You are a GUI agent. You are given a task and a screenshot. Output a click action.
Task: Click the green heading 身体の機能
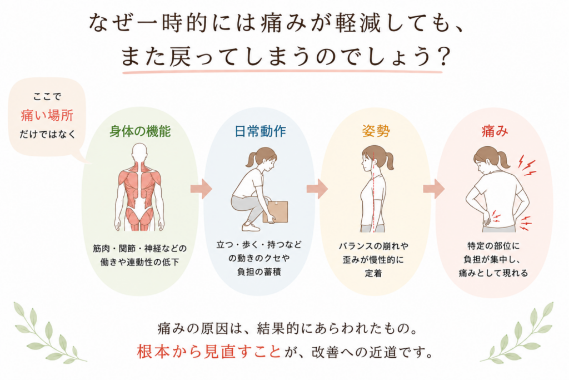(140, 131)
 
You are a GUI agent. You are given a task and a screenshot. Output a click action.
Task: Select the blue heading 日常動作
(260, 131)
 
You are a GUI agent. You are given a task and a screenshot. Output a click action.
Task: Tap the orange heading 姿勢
(376, 131)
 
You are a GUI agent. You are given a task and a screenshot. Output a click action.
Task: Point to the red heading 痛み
(495, 131)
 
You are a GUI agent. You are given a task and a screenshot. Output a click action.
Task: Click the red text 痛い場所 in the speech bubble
(47, 115)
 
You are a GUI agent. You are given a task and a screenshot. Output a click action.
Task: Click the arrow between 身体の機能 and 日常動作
(201, 189)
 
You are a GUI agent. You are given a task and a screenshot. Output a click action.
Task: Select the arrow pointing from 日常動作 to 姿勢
(317, 189)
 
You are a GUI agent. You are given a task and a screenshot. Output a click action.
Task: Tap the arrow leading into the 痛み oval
(433, 189)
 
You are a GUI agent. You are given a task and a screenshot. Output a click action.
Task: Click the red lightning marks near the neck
(527, 166)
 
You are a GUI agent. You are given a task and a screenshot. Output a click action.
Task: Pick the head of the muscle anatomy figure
(139, 152)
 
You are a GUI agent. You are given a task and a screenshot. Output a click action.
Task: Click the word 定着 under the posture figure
(373, 273)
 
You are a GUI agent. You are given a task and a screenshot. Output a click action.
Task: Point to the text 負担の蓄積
(259, 272)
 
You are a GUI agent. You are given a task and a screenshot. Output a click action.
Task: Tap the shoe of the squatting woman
(251, 226)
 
